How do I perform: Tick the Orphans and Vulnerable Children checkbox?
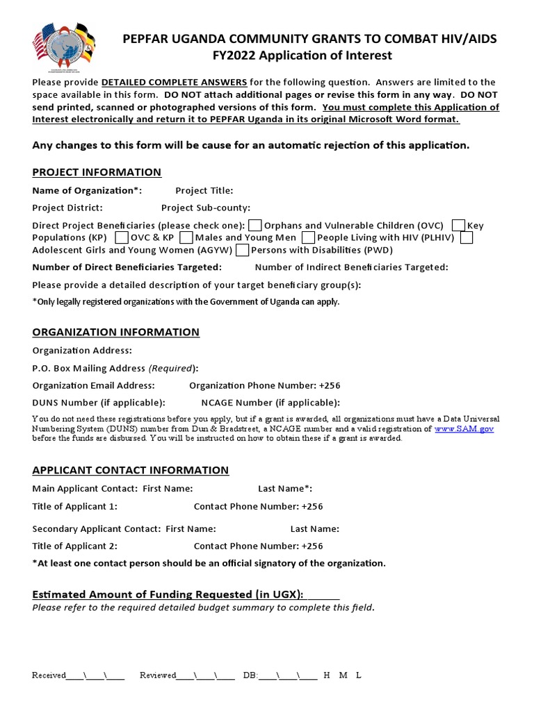coord(255,225)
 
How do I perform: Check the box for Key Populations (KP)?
coord(458,225)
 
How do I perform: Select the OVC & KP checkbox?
coord(122,237)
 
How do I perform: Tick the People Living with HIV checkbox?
coord(308,237)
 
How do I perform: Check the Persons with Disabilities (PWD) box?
coord(243,250)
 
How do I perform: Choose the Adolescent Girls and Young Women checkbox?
coord(467,237)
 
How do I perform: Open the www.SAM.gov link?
coord(464,429)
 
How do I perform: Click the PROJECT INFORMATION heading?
coord(97,172)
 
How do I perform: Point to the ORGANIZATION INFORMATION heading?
coord(115,332)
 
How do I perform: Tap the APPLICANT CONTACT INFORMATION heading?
coord(130,470)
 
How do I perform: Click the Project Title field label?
coord(204,190)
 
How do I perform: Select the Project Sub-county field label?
coord(205,208)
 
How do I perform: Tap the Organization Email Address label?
coord(93,385)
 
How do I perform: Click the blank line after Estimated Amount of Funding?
coord(323,594)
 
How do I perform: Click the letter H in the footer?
coord(327,676)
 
